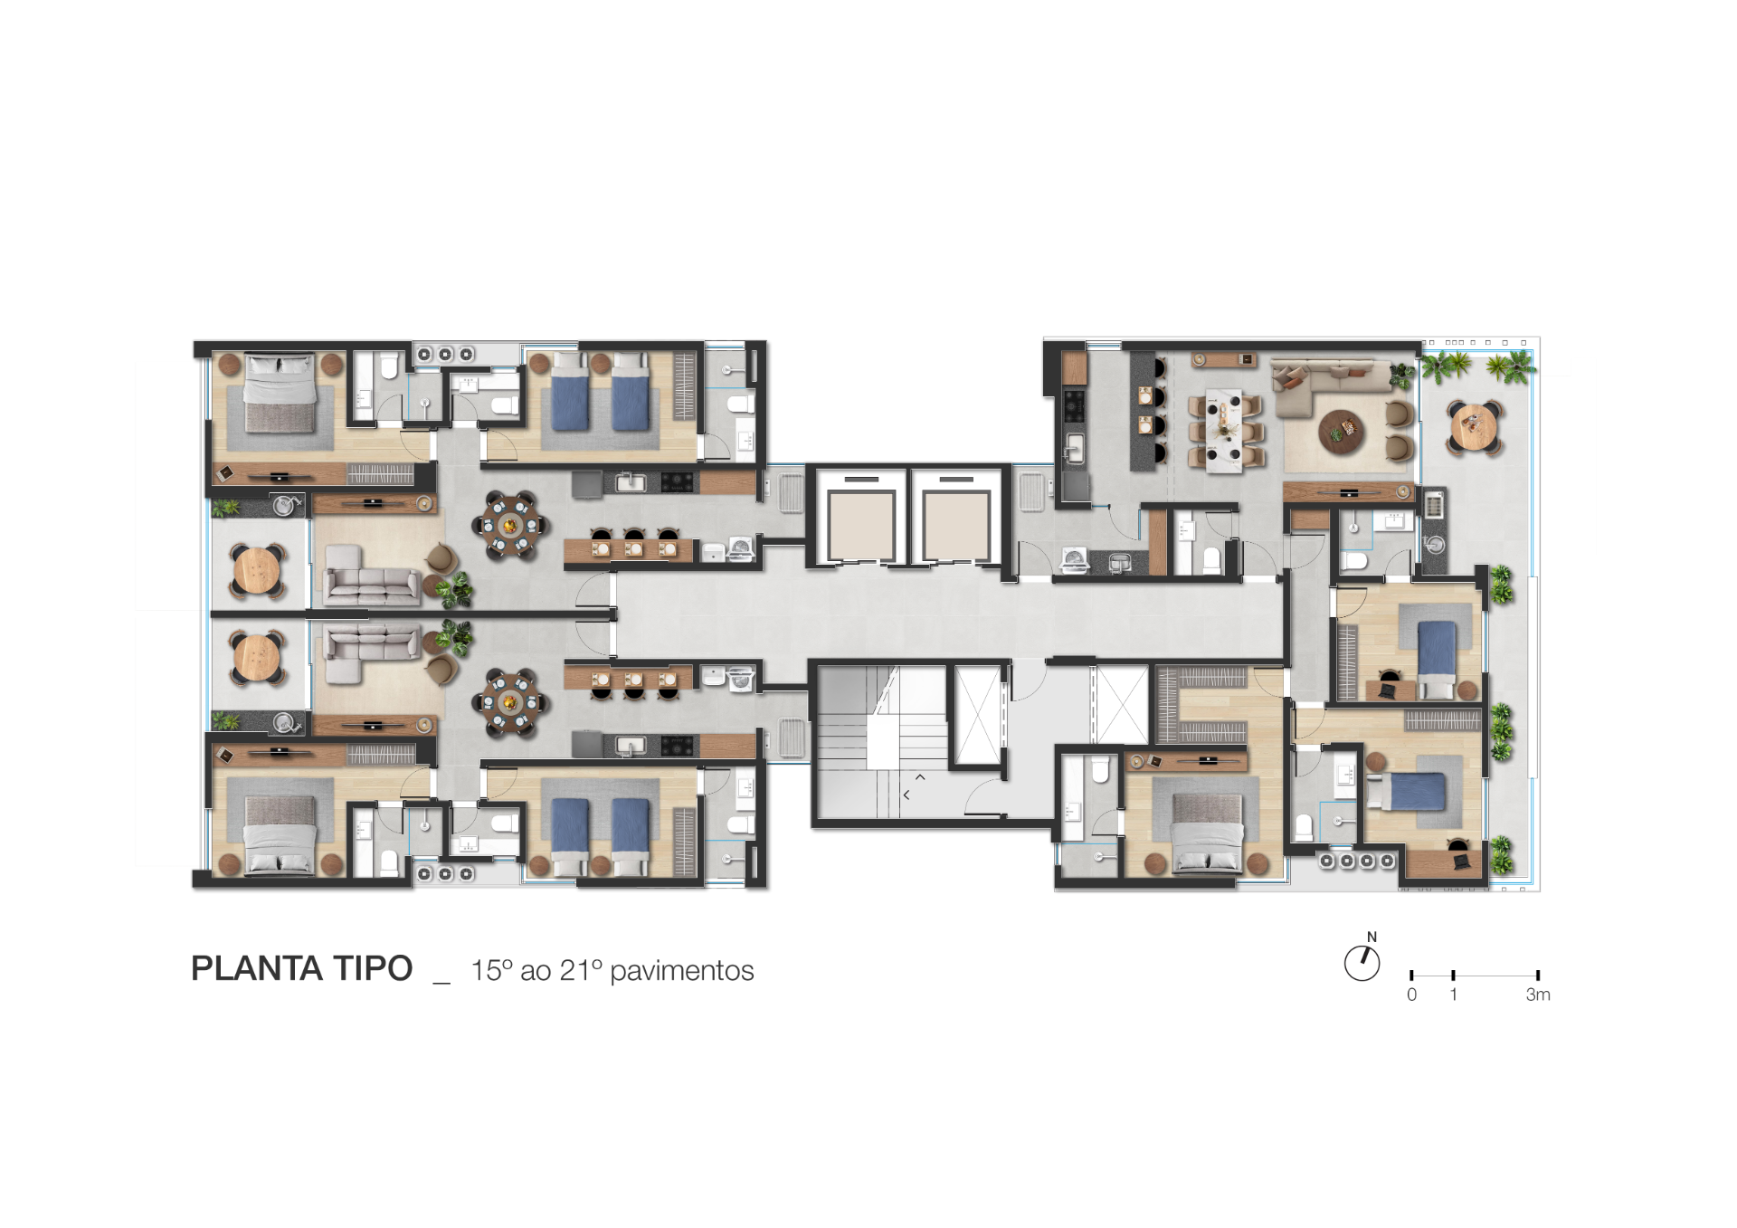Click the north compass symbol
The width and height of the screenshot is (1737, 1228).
pyautogui.click(x=1362, y=964)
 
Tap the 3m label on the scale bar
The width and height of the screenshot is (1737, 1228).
pyautogui.click(x=1538, y=995)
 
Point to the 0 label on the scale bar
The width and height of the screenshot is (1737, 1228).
pyautogui.click(x=1411, y=995)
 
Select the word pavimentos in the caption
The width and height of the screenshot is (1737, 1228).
pyautogui.click(x=681, y=971)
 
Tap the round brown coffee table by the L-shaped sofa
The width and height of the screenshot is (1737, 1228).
pyautogui.click(x=1341, y=431)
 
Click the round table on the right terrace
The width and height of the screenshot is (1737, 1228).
pyautogui.click(x=1476, y=426)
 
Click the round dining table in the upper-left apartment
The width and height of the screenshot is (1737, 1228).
pyautogui.click(x=510, y=525)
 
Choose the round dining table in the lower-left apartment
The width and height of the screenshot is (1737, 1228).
pyautogui.click(x=510, y=701)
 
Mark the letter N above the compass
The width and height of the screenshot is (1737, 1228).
pyautogui.click(x=1372, y=937)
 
